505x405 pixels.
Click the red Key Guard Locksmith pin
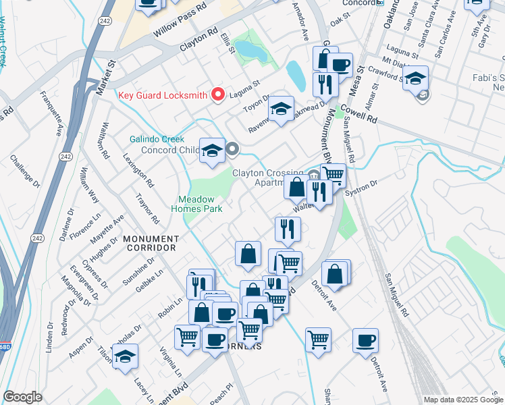click(217, 94)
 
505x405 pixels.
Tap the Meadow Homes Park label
click(201, 205)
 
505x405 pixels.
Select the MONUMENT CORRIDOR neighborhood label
click(151, 244)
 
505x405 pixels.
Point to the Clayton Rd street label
click(199, 41)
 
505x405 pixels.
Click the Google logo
click(22, 397)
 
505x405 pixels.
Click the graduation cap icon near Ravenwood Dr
click(282, 108)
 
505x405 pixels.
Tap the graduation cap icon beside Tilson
click(125, 358)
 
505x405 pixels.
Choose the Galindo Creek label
click(157, 139)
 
